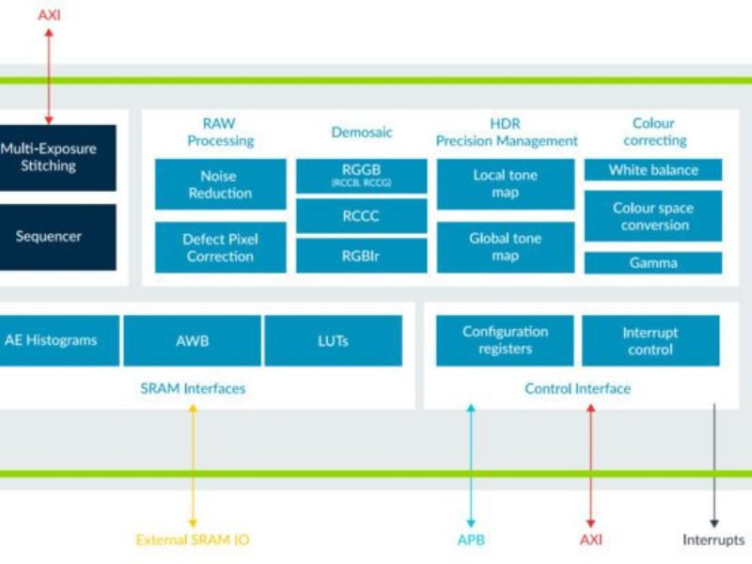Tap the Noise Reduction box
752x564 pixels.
click(x=220, y=184)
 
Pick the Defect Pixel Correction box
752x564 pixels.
click(x=220, y=247)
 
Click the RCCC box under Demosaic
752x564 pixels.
click(x=361, y=215)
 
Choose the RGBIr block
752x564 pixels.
click(x=361, y=255)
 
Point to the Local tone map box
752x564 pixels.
click(x=505, y=184)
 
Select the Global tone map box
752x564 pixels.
click(x=505, y=247)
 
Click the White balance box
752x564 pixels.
click(x=653, y=170)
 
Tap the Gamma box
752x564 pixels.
click(x=653, y=262)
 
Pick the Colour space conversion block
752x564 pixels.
click(x=653, y=216)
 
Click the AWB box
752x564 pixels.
click(x=192, y=340)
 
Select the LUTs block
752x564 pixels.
click(x=333, y=340)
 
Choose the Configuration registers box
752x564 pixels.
click(x=505, y=340)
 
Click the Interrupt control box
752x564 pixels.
click(x=650, y=340)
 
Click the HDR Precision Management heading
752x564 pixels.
click(x=507, y=133)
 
